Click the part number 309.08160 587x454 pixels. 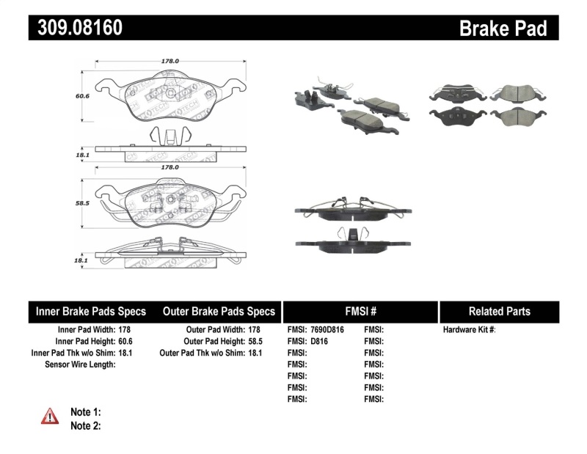coord(76,28)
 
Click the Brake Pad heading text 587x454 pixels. coord(503,28)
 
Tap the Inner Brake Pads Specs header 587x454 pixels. coord(91,311)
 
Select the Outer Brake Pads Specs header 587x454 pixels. coord(219,311)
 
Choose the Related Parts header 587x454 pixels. coord(499,311)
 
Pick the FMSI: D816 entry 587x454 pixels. coord(308,341)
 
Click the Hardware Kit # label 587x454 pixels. coord(470,330)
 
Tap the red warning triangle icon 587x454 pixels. coord(50,416)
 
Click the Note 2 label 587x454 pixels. coord(85,425)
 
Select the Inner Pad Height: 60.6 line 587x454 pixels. coord(93,341)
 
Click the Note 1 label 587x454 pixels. coord(85,412)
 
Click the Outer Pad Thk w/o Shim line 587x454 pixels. coord(211,353)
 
